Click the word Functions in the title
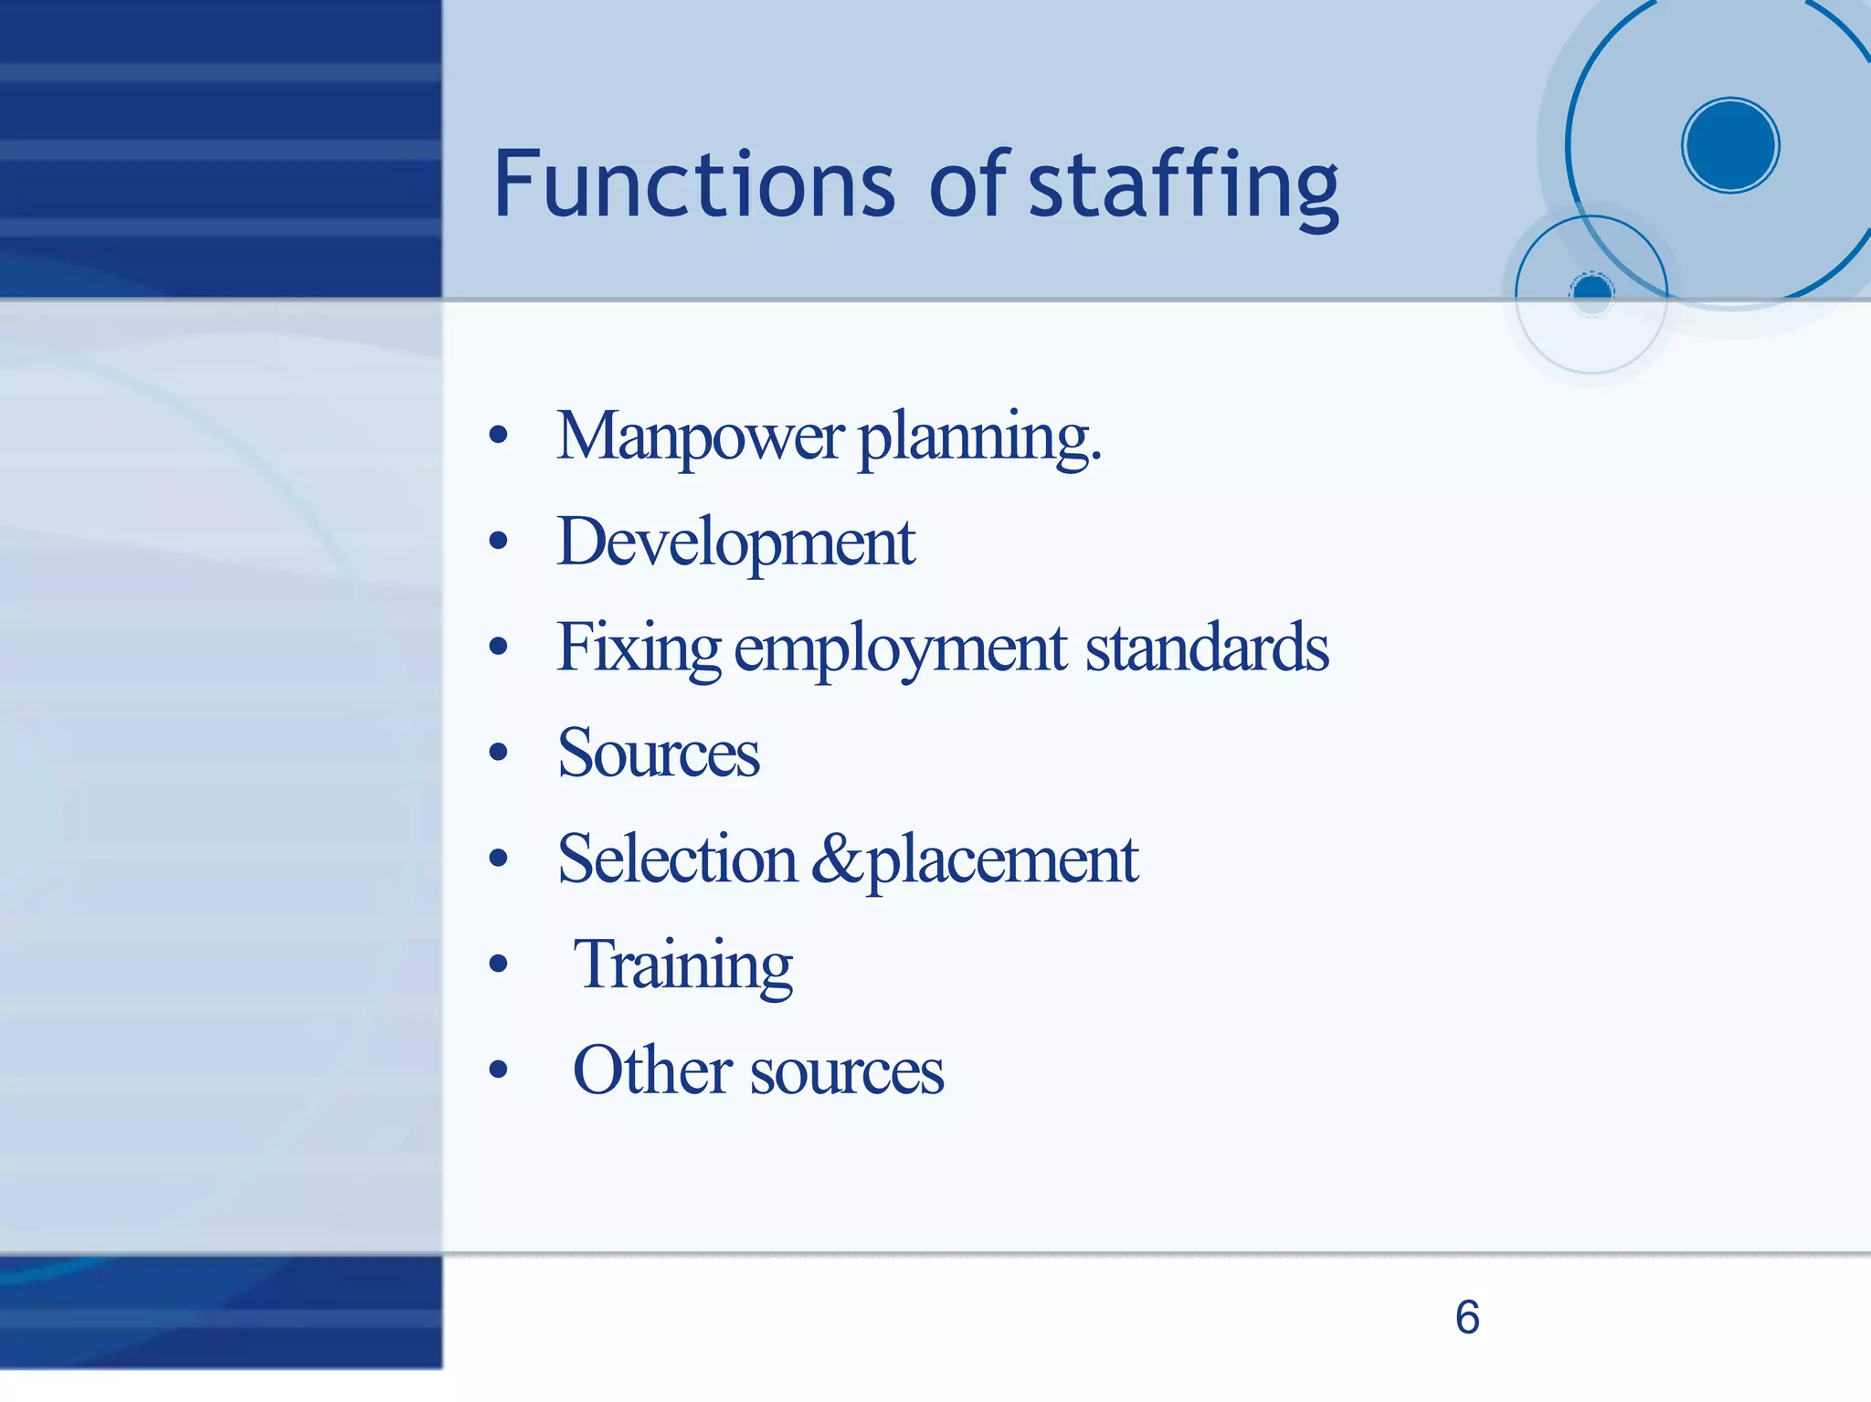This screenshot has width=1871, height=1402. click(694, 184)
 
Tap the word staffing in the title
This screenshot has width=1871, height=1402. click(1184, 186)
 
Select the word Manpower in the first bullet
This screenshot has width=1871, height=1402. click(700, 437)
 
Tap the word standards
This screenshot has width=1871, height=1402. click(1207, 648)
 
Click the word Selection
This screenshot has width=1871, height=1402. click(677, 859)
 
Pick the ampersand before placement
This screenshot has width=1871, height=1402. click(835, 859)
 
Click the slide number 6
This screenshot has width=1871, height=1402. click(1467, 1317)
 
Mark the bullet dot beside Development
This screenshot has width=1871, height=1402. click(498, 542)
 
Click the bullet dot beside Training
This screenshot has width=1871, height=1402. click(498, 965)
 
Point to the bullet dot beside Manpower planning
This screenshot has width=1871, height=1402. click(498, 436)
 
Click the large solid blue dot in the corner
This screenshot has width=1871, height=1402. click(1730, 145)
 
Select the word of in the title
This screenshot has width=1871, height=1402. click(968, 184)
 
